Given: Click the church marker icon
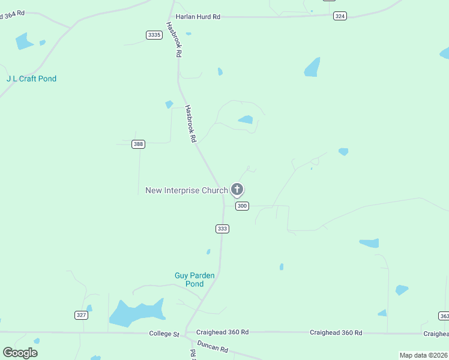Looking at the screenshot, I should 237,190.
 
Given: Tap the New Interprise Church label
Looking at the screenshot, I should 186,191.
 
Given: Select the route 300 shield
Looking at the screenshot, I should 241,206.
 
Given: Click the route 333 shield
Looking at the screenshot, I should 222,229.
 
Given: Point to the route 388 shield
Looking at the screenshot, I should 139,144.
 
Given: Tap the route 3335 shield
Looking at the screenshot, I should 154,35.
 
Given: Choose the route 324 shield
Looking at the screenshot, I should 340,16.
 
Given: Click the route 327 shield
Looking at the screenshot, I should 82,315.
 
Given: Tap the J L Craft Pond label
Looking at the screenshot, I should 31,79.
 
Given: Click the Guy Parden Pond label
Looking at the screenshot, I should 194,280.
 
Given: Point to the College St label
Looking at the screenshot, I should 164,333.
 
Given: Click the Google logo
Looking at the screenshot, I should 20,353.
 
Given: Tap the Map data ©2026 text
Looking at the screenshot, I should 423,355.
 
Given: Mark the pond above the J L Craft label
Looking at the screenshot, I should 24,41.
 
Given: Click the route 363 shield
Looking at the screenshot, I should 444,316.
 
